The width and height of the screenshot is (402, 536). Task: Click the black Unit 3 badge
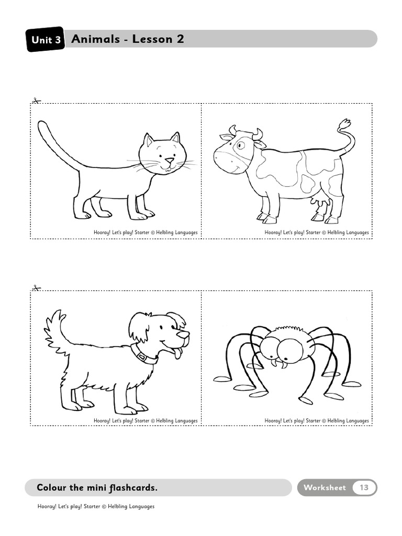click(46, 40)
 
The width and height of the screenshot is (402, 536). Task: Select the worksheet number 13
click(364, 487)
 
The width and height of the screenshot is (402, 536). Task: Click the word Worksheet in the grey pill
click(325, 487)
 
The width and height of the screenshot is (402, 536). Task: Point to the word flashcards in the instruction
click(133, 488)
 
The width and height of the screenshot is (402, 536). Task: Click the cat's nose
click(169, 161)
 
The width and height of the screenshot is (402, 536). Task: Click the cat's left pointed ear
click(149, 140)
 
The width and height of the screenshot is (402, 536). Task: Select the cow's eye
click(240, 145)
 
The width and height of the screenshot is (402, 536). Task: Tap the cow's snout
click(225, 160)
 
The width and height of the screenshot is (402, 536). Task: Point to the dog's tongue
click(178, 353)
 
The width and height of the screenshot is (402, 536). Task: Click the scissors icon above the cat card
click(36, 100)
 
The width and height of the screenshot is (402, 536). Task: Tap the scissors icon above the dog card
click(36, 288)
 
